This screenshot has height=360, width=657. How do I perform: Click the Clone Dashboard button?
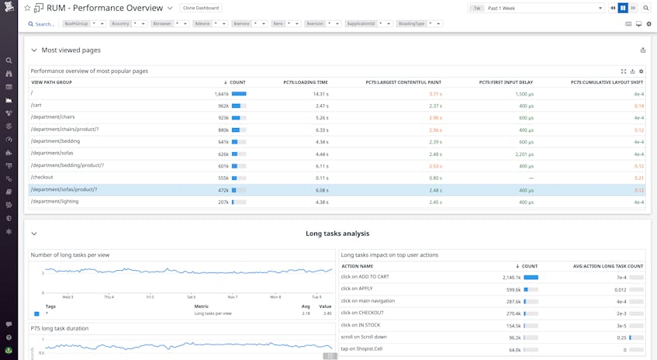[x=202, y=8]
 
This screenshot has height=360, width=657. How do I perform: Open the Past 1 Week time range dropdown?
[x=535, y=8]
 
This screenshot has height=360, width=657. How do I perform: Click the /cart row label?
[x=36, y=106]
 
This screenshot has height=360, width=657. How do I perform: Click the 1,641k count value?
[x=221, y=94]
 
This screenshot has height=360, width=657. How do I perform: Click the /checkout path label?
[x=43, y=178]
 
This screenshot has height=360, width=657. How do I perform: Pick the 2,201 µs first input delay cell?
[x=524, y=154]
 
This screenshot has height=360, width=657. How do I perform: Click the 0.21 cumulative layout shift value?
[x=639, y=178]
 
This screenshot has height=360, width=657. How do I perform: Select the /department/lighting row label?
[x=54, y=202]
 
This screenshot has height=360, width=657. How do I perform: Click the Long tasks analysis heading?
[x=337, y=234]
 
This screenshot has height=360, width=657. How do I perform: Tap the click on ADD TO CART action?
[x=365, y=277]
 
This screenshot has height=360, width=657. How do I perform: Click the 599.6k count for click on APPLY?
[x=513, y=289]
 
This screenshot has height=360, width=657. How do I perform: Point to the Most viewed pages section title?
[x=71, y=50]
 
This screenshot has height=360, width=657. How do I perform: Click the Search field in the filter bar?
[x=44, y=24]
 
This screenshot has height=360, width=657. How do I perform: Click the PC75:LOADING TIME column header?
[x=306, y=81]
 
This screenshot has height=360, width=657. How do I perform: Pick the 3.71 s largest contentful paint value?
[x=435, y=94]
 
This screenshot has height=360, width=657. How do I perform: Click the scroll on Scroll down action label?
[x=369, y=337]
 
